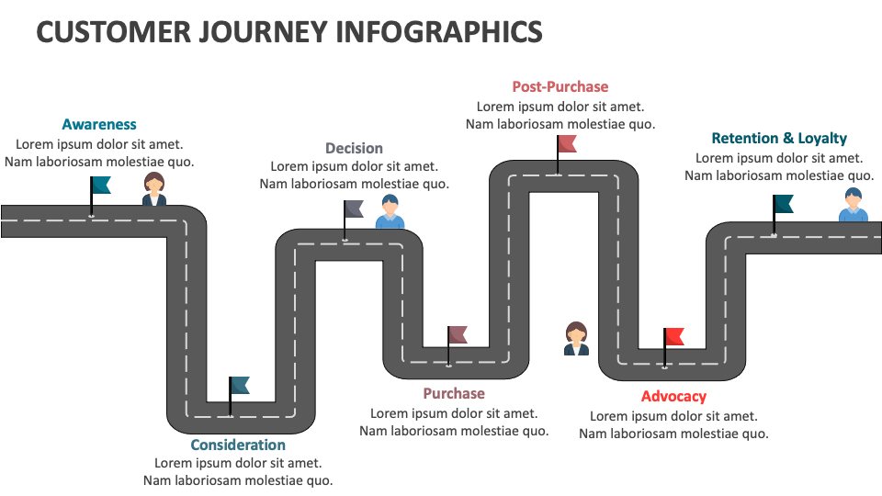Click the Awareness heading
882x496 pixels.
coord(99,124)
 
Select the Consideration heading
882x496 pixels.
coord(238,445)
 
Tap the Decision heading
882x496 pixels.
coord(354,148)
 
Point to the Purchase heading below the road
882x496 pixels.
coord(454,393)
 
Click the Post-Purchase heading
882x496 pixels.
coord(560,86)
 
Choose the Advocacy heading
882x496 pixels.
coord(673,396)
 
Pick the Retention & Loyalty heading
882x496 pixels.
coord(779,138)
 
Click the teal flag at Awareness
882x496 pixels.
coord(101,186)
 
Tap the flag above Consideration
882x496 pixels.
coord(239,385)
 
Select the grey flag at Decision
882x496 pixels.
coord(354,209)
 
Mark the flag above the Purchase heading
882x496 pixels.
coord(457,334)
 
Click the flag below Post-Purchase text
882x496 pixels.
coord(566,143)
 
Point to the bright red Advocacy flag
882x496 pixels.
coord(673,336)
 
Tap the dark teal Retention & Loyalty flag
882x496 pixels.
coord(783,204)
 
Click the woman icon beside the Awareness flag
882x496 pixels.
coord(153,189)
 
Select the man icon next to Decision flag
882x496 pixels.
coord(390,212)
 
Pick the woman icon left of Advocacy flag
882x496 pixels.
coord(576,338)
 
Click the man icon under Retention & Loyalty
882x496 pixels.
coord(853,205)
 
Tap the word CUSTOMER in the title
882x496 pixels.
coord(102,32)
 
